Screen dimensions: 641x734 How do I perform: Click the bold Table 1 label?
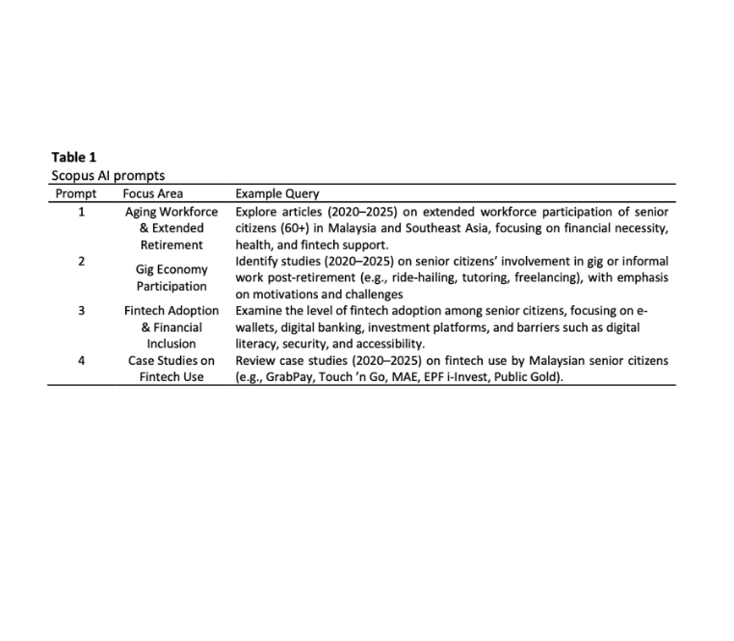pos(73,157)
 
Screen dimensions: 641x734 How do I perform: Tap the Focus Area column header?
pos(153,193)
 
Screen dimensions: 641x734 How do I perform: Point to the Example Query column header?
pos(277,193)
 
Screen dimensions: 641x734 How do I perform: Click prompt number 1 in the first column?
pos(81,211)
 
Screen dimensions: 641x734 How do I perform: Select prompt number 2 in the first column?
pos(81,261)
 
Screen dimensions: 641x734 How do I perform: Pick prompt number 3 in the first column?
pos(81,311)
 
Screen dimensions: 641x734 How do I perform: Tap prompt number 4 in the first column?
pos(81,361)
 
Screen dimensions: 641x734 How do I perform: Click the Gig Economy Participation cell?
pos(171,277)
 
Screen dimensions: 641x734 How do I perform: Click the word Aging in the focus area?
pos(144,211)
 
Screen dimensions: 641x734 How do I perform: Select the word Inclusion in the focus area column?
pos(171,344)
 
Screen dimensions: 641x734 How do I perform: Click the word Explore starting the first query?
pos(259,211)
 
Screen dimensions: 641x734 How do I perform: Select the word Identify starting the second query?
pos(260,261)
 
